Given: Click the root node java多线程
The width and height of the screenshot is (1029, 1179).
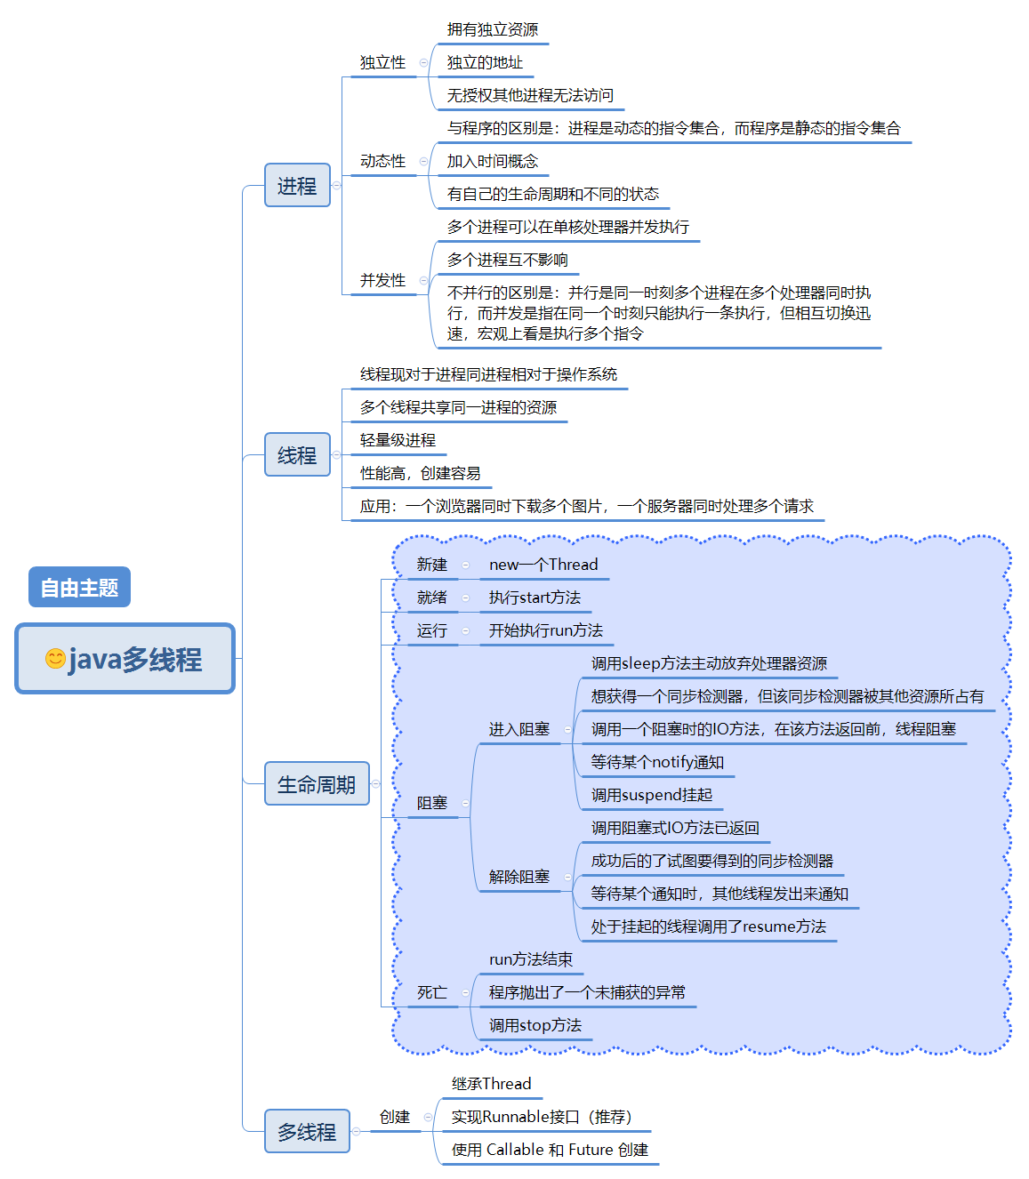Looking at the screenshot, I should point(125,659).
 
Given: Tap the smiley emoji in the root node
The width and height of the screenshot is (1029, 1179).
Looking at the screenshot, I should point(55,659).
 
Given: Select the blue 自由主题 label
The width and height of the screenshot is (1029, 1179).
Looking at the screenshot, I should point(79,588).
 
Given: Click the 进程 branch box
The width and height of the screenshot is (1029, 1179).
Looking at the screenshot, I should point(297,186).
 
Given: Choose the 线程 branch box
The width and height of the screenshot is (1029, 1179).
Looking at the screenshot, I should point(297,455).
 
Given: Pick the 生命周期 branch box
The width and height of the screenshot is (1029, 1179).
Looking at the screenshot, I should point(317,784).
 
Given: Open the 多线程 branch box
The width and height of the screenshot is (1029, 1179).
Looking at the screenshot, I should point(307,1132).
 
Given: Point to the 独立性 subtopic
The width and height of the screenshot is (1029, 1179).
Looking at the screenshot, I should point(382,62).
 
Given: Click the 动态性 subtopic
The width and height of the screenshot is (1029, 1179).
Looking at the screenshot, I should point(382,161).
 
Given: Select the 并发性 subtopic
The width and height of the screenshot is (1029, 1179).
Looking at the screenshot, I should point(382,280).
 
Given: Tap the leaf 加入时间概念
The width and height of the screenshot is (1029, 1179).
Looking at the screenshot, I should point(493,161).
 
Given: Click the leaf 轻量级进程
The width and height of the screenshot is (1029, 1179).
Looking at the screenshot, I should point(398,440).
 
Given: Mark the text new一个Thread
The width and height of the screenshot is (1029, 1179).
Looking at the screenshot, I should point(543,565).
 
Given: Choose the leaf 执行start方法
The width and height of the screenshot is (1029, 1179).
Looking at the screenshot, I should point(535,598).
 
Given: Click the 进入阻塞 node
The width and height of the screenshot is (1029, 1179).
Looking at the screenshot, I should point(519,729).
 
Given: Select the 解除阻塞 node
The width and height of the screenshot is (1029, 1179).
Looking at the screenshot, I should point(519,877).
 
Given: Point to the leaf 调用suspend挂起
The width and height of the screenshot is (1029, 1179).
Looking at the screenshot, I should point(652,795).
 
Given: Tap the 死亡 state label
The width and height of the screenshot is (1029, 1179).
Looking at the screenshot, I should point(432,992).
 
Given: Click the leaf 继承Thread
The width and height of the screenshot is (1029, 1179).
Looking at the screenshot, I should point(491,1084).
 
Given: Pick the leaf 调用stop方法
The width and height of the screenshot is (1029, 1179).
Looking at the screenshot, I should point(535,1025).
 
